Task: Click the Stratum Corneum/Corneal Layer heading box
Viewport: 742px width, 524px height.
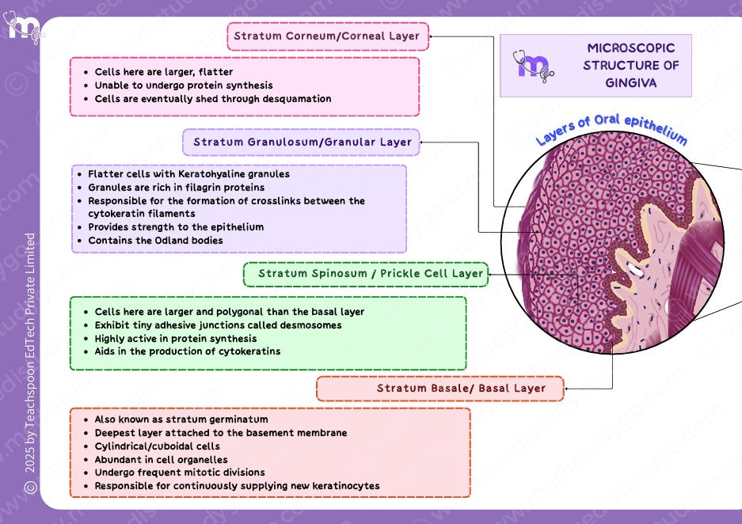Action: point(327,36)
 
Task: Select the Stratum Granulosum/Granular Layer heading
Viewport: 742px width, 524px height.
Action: point(302,142)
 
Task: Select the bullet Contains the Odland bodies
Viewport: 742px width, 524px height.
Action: point(155,241)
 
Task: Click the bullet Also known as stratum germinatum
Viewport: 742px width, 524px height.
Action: point(181,420)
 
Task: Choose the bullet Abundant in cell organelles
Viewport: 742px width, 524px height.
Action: point(161,460)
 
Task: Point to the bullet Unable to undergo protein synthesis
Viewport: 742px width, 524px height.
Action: point(184,85)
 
